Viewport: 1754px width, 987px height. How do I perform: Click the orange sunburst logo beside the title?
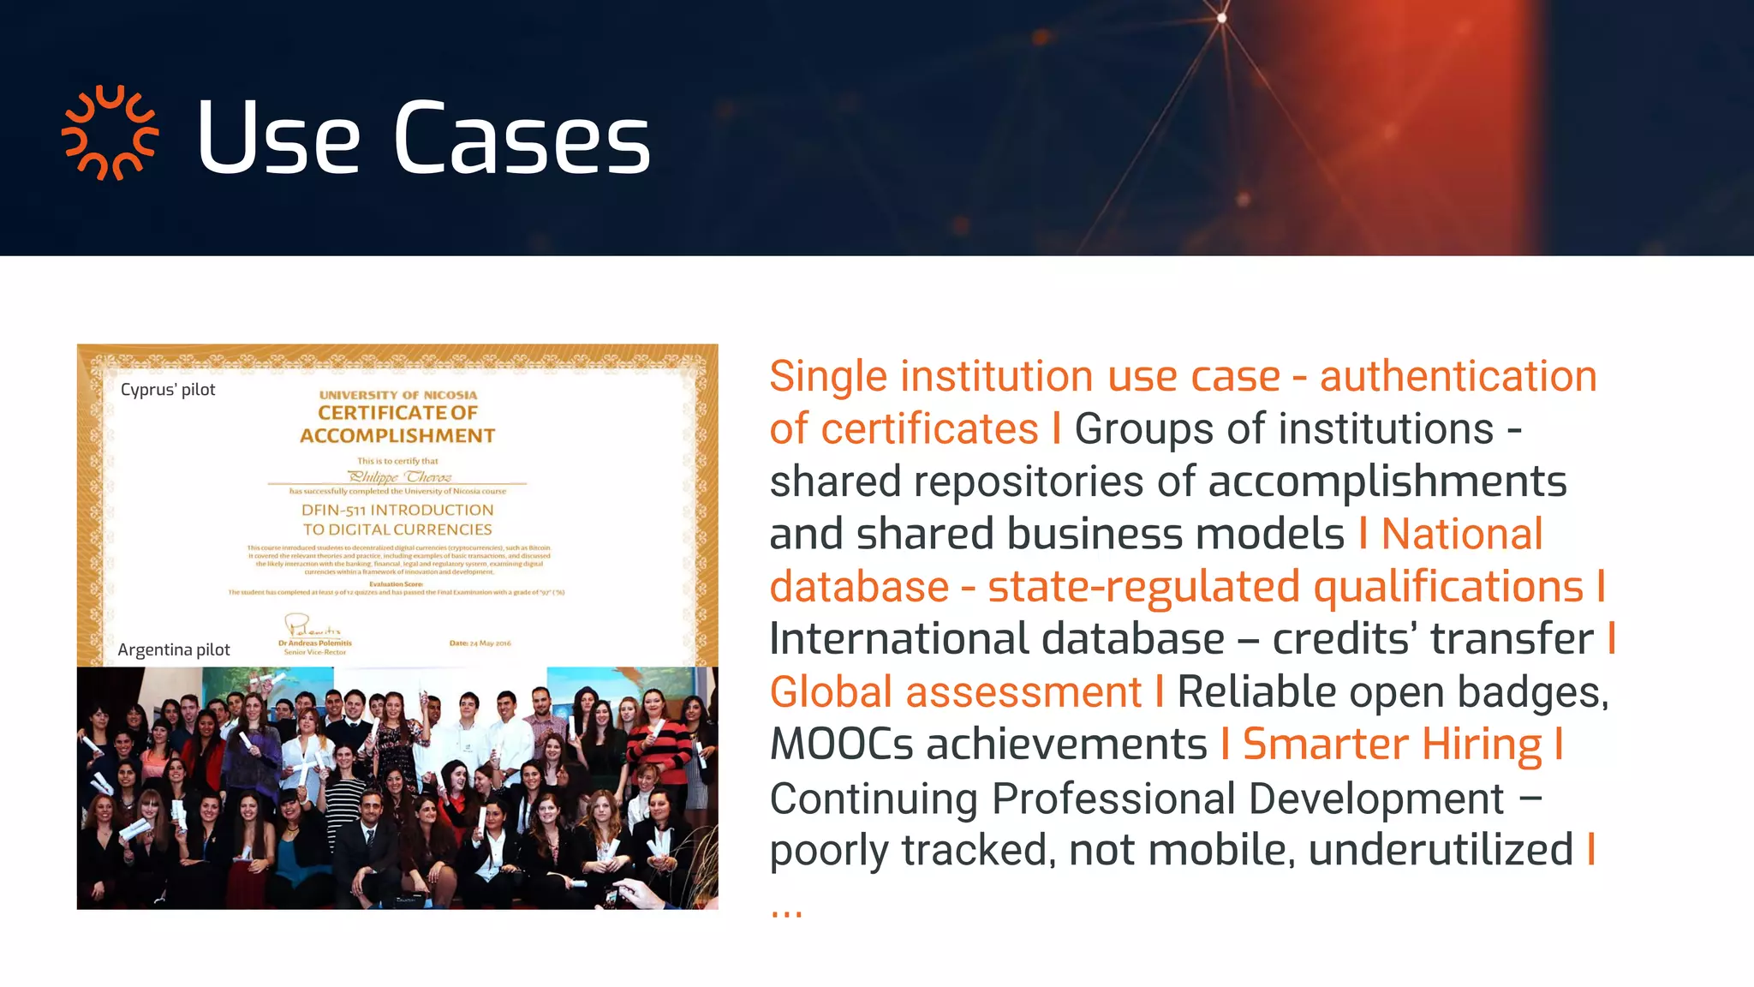[110, 134]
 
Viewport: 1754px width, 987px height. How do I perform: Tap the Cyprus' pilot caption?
[168, 390]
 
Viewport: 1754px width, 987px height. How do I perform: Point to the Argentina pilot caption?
[174, 649]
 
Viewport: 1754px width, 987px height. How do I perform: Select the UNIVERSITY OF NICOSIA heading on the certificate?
[398, 395]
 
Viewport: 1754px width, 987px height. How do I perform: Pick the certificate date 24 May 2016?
[480, 643]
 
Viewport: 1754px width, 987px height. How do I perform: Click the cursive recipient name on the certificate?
[399, 476]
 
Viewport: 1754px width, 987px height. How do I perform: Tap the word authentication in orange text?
[1458, 377]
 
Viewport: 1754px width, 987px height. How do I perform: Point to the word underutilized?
[1441, 850]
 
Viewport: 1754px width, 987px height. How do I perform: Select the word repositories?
[1029, 482]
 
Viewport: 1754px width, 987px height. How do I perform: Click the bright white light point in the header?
[1222, 17]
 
